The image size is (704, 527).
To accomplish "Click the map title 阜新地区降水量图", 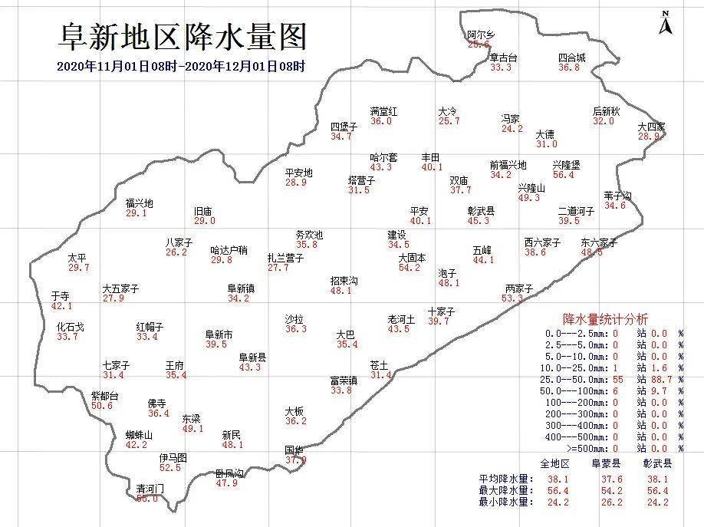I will coord(183,35).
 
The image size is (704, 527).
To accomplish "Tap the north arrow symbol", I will coord(665,22).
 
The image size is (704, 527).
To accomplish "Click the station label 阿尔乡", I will coord(481,35).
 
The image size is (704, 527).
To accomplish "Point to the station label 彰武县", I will coord(481,211).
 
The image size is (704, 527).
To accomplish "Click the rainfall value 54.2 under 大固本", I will coord(410,268).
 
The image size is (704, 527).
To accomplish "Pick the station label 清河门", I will coord(150,489).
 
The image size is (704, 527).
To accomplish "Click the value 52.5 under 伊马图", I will coord(170,467).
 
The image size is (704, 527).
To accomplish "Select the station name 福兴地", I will coord(140,203).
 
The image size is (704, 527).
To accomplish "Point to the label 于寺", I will coord(61,296).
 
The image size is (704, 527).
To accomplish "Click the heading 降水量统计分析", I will coord(605,318).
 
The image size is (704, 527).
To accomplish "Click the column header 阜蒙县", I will coord(605,463).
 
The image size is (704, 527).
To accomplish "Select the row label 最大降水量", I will coord(502,490).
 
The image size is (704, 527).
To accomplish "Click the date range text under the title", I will coord(181,66).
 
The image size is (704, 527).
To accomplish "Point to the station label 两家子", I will coord(518,288).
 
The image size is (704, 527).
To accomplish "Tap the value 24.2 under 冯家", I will coord(512,129).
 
